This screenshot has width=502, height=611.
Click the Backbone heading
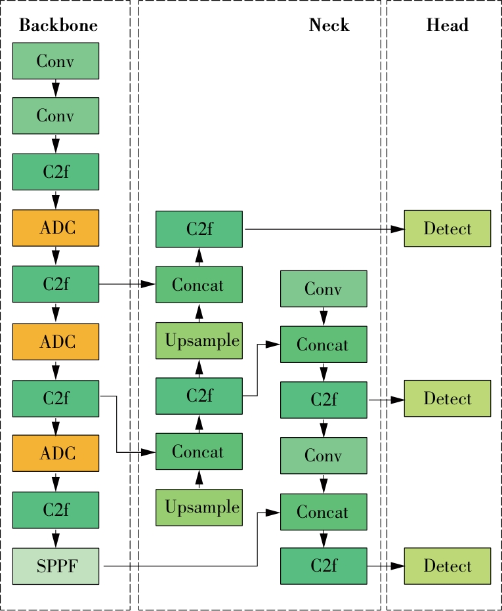[x=58, y=26]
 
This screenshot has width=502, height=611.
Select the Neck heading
[x=329, y=26]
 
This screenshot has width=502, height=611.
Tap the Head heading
[x=447, y=26]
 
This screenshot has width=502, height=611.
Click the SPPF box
[x=56, y=566]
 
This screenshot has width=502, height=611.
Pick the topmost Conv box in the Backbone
[x=56, y=61]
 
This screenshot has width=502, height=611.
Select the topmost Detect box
[x=447, y=228]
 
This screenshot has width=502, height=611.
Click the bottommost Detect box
[x=447, y=566]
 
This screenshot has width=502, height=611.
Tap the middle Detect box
[x=447, y=398]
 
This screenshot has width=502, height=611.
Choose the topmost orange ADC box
[x=56, y=228]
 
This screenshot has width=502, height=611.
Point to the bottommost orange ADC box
[x=56, y=453]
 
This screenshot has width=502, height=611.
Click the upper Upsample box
[x=199, y=341]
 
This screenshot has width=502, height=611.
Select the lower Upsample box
[x=199, y=507]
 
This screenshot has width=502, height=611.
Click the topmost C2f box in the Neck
[x=199, y=229]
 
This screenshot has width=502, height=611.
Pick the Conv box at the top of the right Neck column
[x=324, y=289]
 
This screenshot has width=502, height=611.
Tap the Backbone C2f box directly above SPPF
[x=56, y=510]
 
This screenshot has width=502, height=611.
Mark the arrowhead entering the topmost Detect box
[x=398, y=229]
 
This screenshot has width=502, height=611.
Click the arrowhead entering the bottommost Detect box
[x=398, y=566]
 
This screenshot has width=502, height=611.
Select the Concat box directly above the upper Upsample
[x=199, y=285]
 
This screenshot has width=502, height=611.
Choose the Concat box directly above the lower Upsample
[x=199, y=452]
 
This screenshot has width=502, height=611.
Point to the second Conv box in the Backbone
[x=56, y=116]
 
